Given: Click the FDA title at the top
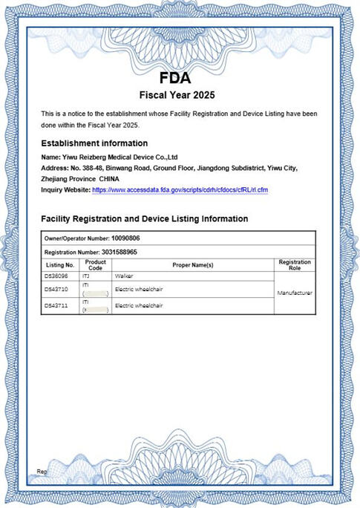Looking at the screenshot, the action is [175, 79].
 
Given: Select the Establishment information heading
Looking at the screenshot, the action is [94, 143].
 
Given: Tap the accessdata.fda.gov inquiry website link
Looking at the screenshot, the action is [180, 191].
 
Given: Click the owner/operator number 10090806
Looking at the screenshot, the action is [125, 239].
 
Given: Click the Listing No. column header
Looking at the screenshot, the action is [60, 265].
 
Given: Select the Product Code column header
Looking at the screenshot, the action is [96, 265].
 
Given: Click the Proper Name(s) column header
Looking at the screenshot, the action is [193, 265].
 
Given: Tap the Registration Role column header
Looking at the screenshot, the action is [295, 265].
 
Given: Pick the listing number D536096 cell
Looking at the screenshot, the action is [57, 276].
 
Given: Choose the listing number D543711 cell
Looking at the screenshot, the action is [57, 305].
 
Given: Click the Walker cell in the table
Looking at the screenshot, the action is [123, 276].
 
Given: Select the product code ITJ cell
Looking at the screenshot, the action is [85, 276].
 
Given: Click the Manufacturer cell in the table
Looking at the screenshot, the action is [295, 293].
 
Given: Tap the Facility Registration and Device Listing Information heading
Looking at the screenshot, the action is [144, 219].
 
